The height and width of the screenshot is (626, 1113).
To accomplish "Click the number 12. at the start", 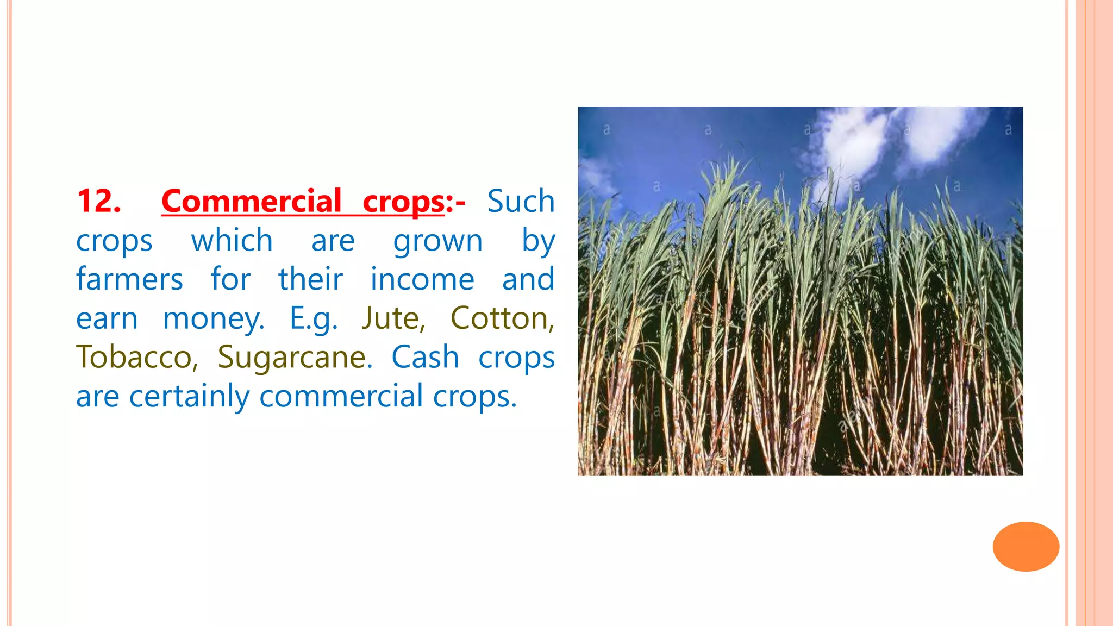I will coord(98,201).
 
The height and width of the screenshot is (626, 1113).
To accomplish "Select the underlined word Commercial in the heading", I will coord(251,201).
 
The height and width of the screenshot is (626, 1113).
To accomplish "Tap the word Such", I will coord(520,201).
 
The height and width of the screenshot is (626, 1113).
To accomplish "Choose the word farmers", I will coord(129,279).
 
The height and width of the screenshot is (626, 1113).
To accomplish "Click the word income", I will coord(422,279).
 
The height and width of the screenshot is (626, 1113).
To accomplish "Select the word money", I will coord(213,318).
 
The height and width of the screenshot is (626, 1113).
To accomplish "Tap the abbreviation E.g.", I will coord(313,318).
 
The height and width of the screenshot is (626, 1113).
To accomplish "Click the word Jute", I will coord(393,318).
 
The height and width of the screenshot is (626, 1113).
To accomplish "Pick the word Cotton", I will coord(502,318).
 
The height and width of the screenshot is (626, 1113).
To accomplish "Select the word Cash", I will coord(425,358).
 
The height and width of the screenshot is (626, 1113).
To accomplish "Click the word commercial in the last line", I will coord(341,396).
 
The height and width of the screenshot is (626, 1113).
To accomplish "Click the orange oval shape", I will coord(1026,546).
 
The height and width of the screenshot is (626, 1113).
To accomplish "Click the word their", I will coord(310,279).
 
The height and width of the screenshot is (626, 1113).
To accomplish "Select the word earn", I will coord(107,318).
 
